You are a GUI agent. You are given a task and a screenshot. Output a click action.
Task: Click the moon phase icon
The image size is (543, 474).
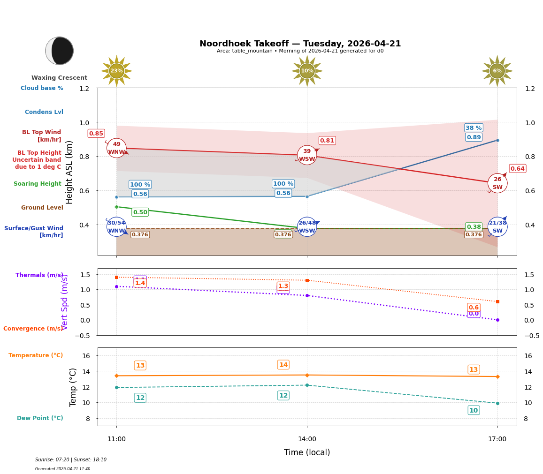[x=60, y=51]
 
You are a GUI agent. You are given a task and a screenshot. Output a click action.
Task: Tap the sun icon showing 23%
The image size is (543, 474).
[x=116, y=71]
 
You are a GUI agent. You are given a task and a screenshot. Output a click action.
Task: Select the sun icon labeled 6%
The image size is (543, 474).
[x=497, y=71]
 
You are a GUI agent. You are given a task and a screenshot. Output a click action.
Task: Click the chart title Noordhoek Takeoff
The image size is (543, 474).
[x=300, y=44]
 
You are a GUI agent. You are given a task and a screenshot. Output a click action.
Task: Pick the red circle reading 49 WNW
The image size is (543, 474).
[x=116, y=148]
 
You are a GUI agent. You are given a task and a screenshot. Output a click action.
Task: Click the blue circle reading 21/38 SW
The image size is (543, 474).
[x=497, y=227]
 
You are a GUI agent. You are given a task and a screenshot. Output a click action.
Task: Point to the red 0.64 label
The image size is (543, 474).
[x=517, y=169]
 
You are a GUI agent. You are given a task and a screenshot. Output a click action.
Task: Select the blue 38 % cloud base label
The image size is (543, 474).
[x=474, y=128]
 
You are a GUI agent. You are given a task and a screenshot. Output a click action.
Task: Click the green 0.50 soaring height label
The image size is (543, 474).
[x=140, y=212]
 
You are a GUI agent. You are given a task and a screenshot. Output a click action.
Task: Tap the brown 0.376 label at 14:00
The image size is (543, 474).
[x=283, y=234]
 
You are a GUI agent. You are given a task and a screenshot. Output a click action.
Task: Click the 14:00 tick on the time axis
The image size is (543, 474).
[x=307, y=439]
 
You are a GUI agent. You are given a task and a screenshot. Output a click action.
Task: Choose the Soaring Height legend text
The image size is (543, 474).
[x=38, y=184]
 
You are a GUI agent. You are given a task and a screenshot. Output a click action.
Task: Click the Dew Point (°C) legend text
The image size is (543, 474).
[x=40, y=418]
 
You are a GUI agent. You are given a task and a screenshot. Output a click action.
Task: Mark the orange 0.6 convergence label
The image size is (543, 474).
[x=474, y=308]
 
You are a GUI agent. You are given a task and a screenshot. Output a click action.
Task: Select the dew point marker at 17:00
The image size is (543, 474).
[x=497, y=403]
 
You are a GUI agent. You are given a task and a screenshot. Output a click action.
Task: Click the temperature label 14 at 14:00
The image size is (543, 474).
[x=283, y=365]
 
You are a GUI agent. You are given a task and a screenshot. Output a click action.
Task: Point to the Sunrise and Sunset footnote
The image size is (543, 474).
[x=71, y=460]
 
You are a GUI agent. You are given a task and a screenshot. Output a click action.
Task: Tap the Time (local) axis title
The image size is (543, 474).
[x=307, y=452]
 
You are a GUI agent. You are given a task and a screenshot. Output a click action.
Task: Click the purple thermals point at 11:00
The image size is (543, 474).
[x=116, y=286]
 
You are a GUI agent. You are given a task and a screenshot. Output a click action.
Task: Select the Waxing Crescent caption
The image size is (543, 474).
[x=59, y=78]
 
